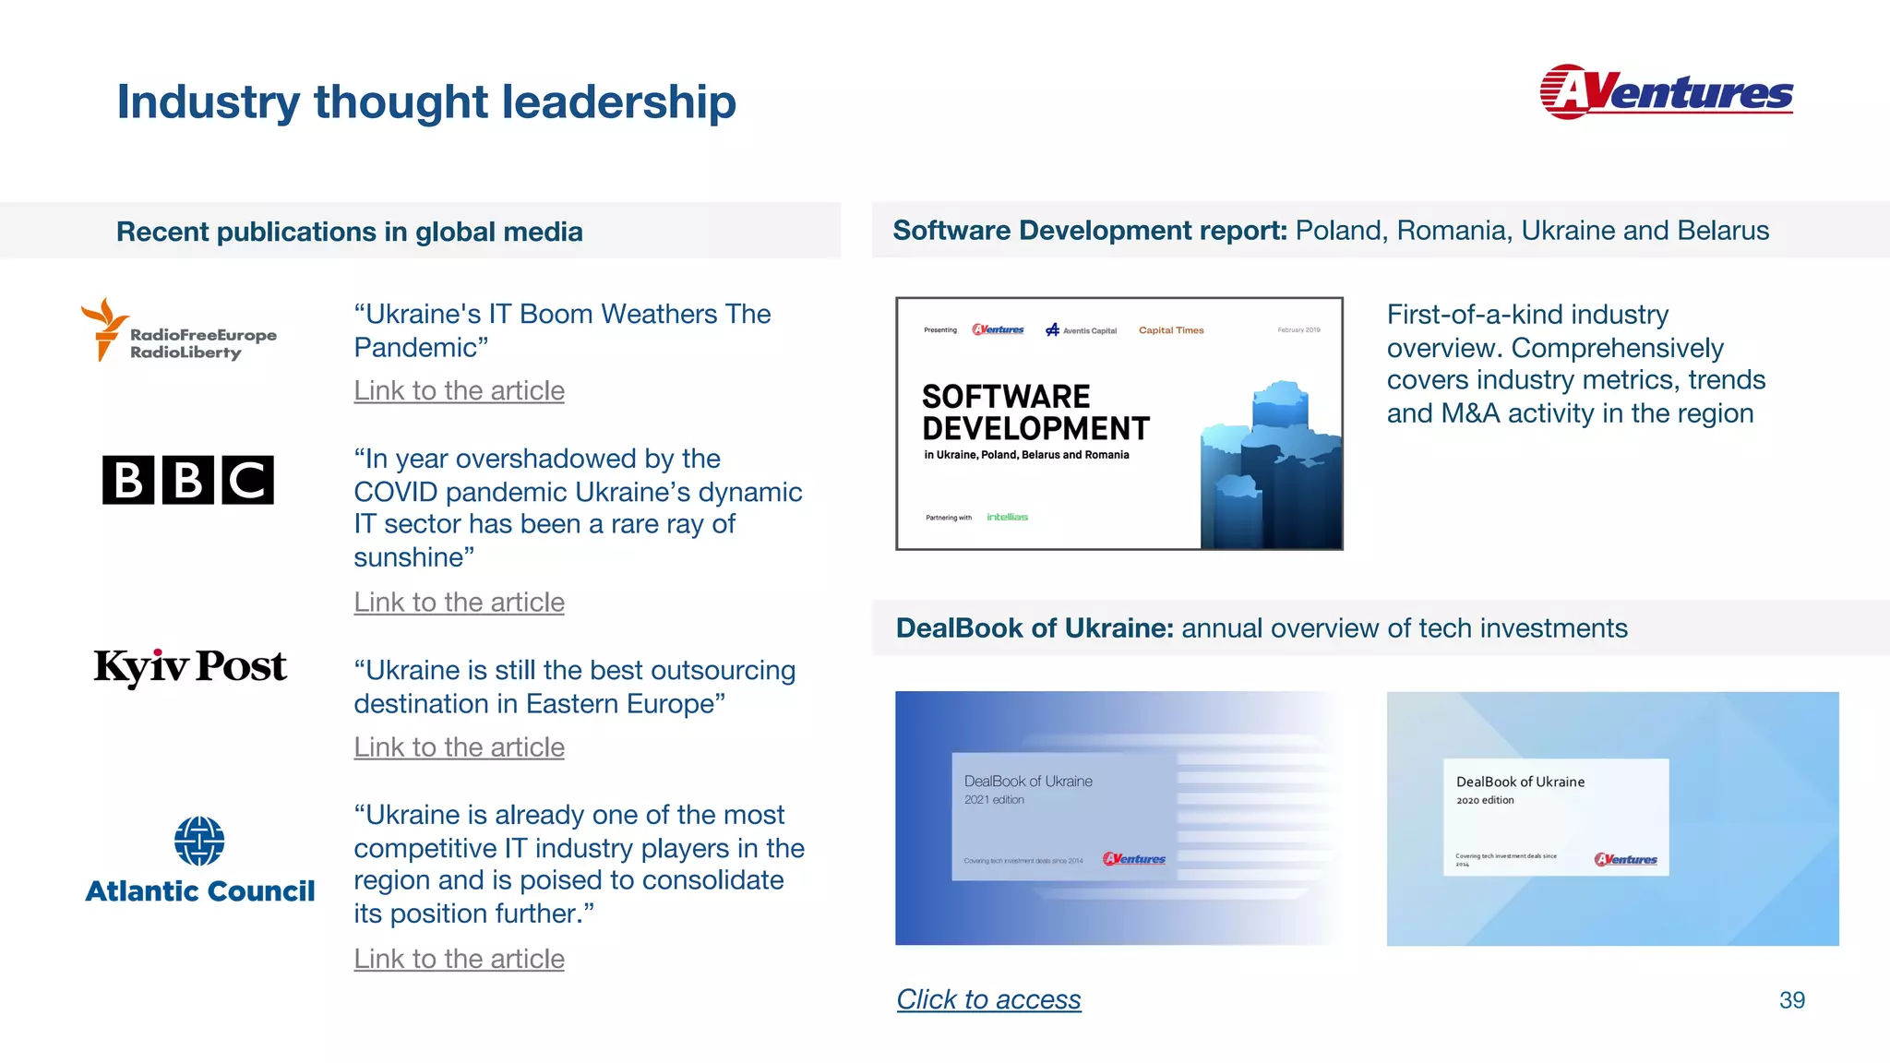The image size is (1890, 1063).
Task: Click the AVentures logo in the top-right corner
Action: pyautogui.click(x=1666, y=92)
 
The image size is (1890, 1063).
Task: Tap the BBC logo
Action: pyautogui.click(x=188, y=480)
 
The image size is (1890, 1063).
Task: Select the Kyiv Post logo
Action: pyautogui.click(x=190, y=667)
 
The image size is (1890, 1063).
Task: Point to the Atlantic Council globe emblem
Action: pyautogui.click(x=199, y=841)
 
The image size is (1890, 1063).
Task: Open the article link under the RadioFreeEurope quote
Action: pyautogui.click(x=459, y=391)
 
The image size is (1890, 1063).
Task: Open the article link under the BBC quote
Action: pyautogui.click(x=459, y=603)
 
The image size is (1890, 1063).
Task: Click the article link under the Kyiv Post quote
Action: pyautogui.click(x=459, y=747)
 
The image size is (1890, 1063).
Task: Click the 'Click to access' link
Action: pyautogui.click(x=988, y=999)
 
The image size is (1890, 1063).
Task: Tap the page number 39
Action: pyautogui.click(x=1791, y=1000)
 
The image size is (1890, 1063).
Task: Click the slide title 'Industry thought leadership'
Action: pyautogui.click(x=426, y=102)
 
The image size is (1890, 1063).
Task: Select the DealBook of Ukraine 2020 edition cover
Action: pyautogui.click(x=1612, y=818)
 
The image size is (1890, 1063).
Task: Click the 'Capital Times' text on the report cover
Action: pyautogui.click(x=1171, y=330)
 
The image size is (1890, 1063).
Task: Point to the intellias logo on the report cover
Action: pyautogui.click(x=1007, y=518)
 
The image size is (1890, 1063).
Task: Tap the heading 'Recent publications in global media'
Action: pyautogui.click(x=349, y=232)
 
